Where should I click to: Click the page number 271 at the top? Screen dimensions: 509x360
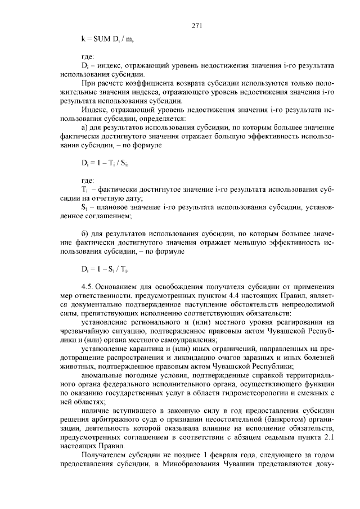(x=196, y=26)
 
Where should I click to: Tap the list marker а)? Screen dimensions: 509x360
(x=85, y=128)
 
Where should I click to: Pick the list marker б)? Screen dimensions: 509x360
(x=85, y=232)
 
